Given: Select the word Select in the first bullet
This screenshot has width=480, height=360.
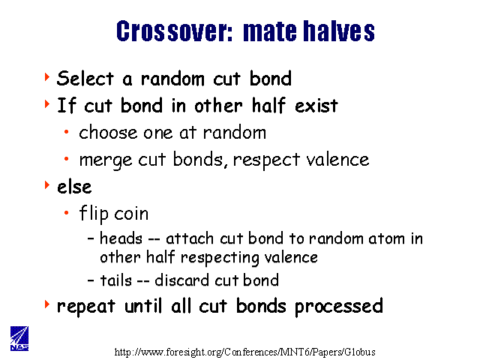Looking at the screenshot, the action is click(x=85, y=78).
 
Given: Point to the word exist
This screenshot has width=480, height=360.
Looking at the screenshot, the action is click(x=316, y=106).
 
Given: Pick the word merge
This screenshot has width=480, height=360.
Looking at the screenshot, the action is click(x=106, y=160).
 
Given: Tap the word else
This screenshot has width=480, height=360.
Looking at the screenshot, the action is click(x=74, y=186).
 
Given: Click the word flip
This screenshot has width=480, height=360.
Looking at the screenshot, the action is click(x=94, y=213).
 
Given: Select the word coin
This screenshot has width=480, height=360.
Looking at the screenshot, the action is click(x=131, y=213).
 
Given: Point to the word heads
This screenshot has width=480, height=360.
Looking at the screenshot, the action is click(x=121, y=238).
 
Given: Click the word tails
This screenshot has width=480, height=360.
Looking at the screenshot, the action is click(x=115, y=280).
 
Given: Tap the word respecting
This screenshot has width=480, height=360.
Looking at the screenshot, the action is click(x=220, y=258).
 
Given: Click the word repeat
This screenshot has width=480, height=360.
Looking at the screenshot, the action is click(x=86, y=307).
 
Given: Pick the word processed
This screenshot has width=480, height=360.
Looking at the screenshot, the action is click(x=339, y=307).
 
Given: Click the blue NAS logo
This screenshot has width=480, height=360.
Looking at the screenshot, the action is click(x=19, y=338).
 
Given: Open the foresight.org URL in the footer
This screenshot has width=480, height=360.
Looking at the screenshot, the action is click(x=245, y=352).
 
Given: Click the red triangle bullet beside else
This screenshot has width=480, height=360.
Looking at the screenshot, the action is click(x=47, y=184).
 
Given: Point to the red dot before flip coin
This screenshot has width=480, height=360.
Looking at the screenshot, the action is click(x=67, y=213).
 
